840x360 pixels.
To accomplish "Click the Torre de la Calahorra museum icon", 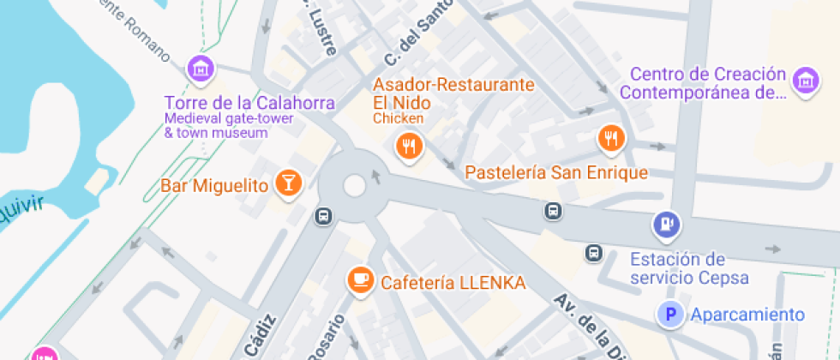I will [201, 68].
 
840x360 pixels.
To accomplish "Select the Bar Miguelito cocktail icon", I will [288, 183].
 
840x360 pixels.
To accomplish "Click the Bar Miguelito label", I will [214, 185].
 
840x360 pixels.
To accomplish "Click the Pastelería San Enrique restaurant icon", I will [610, 137].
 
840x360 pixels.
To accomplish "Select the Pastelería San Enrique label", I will [556, 172].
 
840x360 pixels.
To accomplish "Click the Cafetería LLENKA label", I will [453, 282].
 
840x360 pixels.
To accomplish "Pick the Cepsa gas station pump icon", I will [666, 225].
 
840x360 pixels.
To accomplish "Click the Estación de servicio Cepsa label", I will [689, 268].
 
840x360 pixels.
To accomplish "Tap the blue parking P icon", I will [670, 315].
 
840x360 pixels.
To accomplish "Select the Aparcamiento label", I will [747, 315].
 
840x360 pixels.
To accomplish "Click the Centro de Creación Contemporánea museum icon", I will [804, 81].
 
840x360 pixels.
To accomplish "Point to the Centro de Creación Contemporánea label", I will [702, 83].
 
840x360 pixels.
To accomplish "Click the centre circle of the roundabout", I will [355, 185].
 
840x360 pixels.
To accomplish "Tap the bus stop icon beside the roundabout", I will [323, 216].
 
